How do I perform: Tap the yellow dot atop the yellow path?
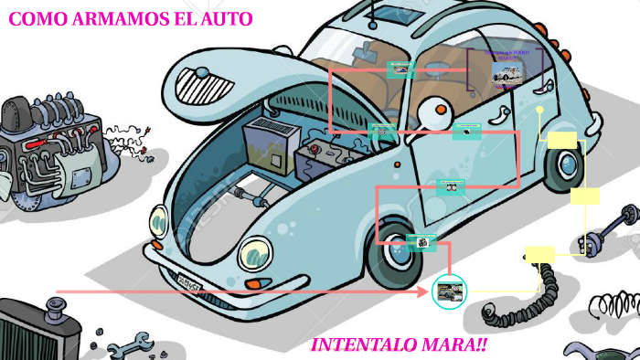(540, 110)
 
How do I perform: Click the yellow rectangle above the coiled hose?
(540, 253)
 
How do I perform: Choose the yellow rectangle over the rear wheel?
(563, 139)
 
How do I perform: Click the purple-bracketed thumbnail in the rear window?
(506, 69)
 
